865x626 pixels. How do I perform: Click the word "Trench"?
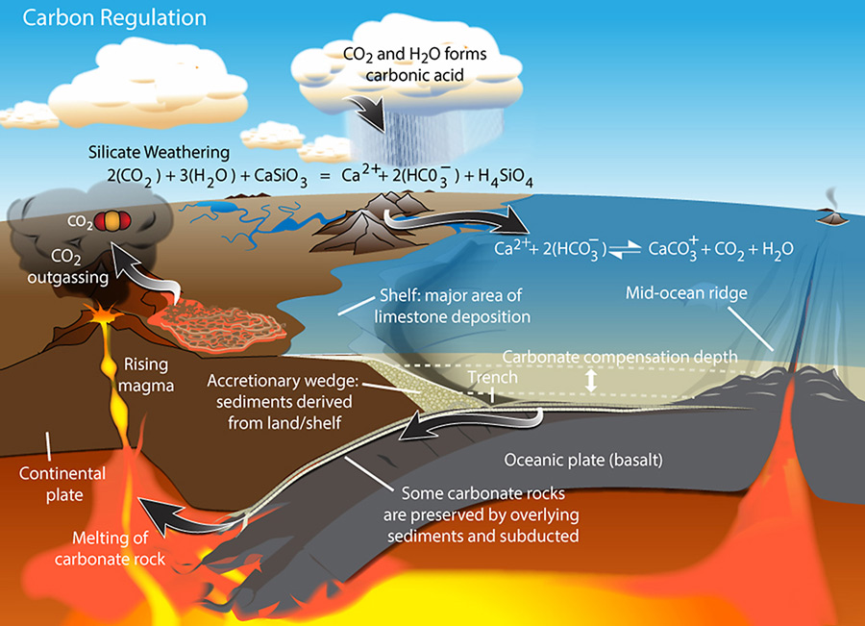click(x=492, y=378)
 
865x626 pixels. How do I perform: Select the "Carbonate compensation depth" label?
click(x=620, y=356)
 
